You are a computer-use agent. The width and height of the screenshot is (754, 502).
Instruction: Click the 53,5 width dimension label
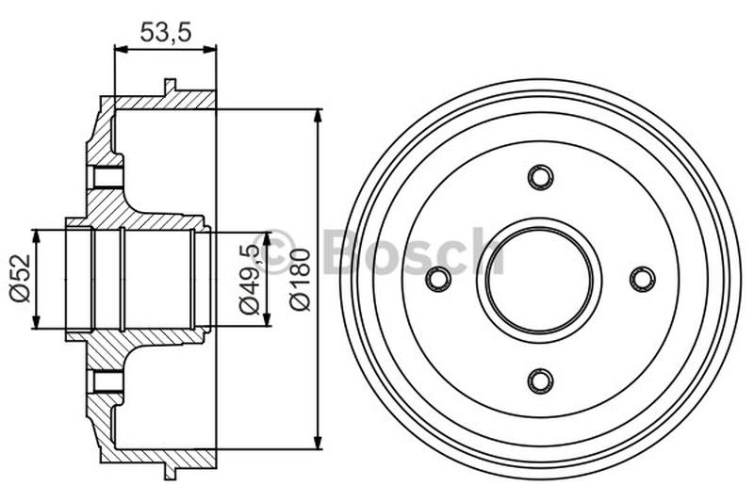click(x=165, y=30)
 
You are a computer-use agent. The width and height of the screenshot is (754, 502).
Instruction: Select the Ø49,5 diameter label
click(x=248, y=279)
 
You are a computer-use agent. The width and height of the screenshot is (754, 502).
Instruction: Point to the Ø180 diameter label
click(x=299, y=279)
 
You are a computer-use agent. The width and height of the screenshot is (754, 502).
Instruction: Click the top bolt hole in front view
click(x=540, y=177)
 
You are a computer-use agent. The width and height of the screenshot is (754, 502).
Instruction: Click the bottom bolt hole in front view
click(x=540, y=380)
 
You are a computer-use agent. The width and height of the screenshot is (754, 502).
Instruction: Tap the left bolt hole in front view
click(x=438, y=279)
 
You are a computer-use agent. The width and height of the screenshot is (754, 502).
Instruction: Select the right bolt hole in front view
click(x=642, y=279)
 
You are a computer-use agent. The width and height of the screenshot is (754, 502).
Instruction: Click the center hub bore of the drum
click(x=540, y=279)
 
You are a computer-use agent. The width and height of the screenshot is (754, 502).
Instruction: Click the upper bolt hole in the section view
click(x=108, y=176)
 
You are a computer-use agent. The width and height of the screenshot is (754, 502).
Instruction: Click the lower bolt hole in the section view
click(x=108, y=381)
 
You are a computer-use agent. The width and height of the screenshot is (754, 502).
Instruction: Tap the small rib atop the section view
click(x=170, y=87)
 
